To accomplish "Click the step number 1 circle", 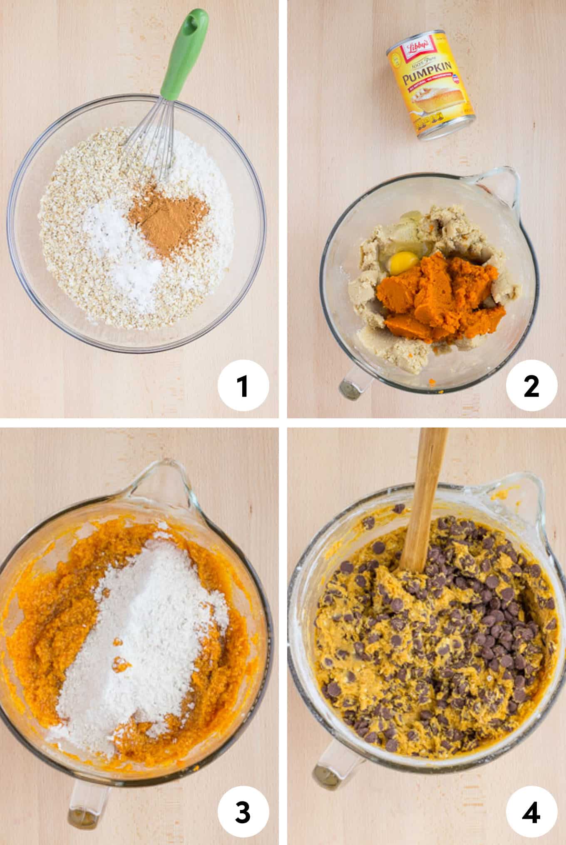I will (243, 386).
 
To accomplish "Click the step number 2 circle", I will (531, 386).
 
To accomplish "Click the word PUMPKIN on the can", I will (429, 77).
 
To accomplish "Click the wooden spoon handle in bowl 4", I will (424, 492).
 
